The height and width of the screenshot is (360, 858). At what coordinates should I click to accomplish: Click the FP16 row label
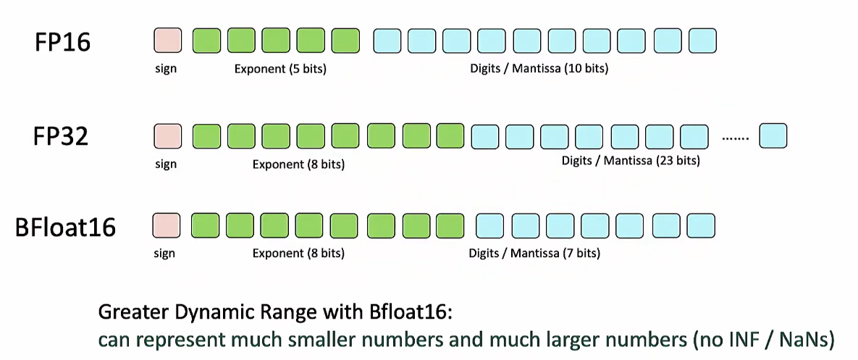coord(62,42)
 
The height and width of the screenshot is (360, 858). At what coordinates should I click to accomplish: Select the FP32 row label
coord(61,136)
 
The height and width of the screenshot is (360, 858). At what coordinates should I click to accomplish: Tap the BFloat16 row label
coord(65,227)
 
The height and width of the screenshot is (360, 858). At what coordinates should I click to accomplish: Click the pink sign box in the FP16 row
coord(167,41)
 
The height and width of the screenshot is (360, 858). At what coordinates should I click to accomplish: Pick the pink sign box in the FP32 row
coord(167,136)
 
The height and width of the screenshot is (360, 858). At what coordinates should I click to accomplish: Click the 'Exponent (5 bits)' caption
coord(280,70)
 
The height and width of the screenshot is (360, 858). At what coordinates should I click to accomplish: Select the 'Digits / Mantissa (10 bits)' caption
coord(539,69)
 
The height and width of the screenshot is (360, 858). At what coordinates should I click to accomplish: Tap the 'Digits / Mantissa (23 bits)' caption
coord(631,162)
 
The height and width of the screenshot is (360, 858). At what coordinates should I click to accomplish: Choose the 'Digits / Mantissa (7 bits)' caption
coord(534,254)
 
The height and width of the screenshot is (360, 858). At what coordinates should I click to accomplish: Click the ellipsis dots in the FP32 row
coord(736,139)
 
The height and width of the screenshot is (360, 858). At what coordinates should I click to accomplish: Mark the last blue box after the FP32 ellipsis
coord(773,136)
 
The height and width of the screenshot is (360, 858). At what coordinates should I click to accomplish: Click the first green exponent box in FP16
coord(207,41)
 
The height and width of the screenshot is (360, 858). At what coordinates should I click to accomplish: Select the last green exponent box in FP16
coord(346,41)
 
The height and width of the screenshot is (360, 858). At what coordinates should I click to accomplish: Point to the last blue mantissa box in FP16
coord(702,41)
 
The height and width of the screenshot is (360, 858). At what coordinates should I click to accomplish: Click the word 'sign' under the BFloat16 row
coord(164,254)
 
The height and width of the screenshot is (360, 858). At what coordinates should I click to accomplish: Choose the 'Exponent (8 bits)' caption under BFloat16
coord(298,254)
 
